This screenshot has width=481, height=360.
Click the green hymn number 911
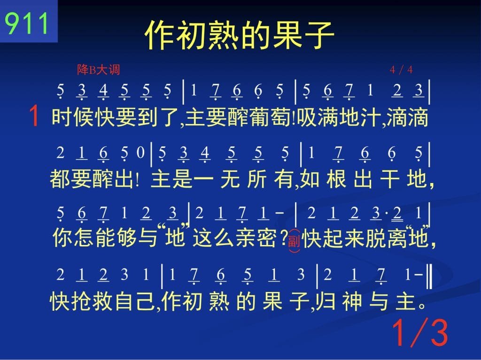tap(27, 23)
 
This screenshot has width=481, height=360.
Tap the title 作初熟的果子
tap(239, 35)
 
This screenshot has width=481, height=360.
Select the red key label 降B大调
tap(99, 69)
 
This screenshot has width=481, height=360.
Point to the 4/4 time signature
tap(401, 70)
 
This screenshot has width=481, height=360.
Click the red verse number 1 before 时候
tap(34, 116)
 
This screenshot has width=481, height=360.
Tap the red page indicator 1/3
tap(420, 333)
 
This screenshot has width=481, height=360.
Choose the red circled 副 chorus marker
tap(294, 241)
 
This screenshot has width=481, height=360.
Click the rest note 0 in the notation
tap(140, 153)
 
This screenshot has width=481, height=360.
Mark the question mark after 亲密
tap(283, 238)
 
